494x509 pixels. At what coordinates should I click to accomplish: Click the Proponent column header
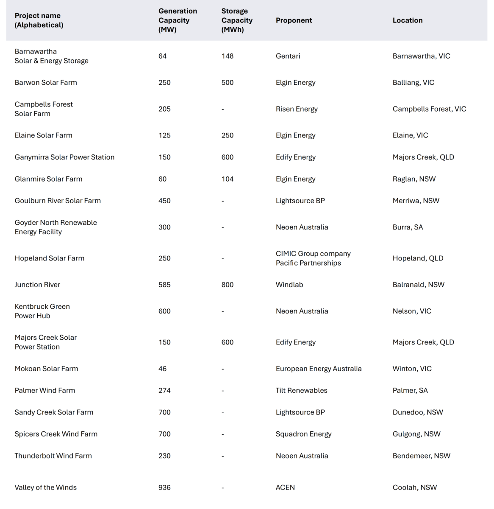pos(294,20)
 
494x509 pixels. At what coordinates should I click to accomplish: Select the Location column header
pos(407,20)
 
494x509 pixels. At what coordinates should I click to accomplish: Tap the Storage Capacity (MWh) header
pos(237,20)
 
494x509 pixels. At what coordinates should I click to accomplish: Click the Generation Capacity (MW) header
pos(178,20)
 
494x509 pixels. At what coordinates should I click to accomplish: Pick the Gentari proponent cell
pos(288,56)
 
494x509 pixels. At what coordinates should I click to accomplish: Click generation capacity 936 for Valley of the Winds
pos(164,487)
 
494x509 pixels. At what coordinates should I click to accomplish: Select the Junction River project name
pos(37,285)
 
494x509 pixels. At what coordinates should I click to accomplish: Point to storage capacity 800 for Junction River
pos(227,285)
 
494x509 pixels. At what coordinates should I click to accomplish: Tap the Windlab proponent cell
pos(289,285)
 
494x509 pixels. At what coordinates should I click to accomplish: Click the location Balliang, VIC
pos(413,83)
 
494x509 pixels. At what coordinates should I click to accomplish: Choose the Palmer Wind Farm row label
pos(44,390)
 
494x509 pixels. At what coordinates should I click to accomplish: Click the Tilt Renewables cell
pos(301,390)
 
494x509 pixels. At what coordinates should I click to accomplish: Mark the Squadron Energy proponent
pos(303,434)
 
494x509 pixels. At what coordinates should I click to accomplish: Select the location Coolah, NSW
pos(414,487)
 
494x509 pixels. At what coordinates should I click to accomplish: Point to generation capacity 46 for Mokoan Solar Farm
pos(162,369)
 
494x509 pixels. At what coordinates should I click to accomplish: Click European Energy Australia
pos(319,369)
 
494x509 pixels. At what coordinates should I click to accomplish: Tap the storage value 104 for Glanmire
pos(227,179)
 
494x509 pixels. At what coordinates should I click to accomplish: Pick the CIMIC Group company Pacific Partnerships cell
pos(313,258)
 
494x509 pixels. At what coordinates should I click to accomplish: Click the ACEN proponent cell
pos(285,487)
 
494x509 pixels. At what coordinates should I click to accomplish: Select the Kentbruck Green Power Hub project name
pos(42,311)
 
